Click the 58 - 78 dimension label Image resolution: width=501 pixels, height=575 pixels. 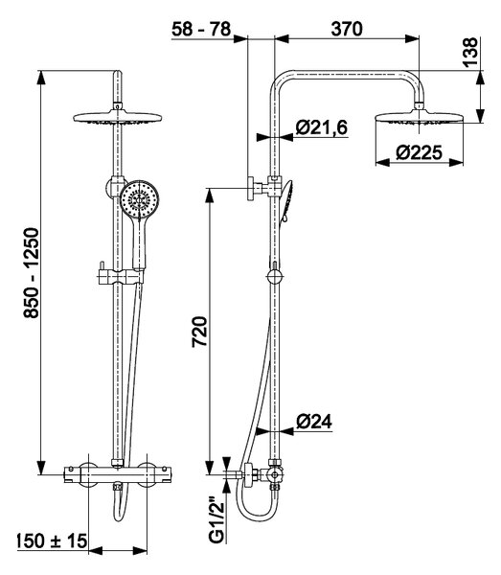pos(201,29)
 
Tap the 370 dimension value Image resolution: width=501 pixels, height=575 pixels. pos(347,29)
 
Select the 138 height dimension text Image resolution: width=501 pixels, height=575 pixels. pos(471,52)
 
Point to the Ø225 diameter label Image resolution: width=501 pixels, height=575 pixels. pos(419,152)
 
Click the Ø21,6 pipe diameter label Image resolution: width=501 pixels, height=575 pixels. pos(322,127)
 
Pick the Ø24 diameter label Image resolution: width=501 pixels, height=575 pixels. pos(313,422)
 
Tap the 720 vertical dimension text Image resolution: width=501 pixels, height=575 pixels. pos(200,332)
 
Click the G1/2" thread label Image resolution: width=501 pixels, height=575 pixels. pos(216,520)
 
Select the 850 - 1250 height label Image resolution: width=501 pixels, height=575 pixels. pos(31,272)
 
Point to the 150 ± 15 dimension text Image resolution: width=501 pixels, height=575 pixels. pos(52,541)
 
